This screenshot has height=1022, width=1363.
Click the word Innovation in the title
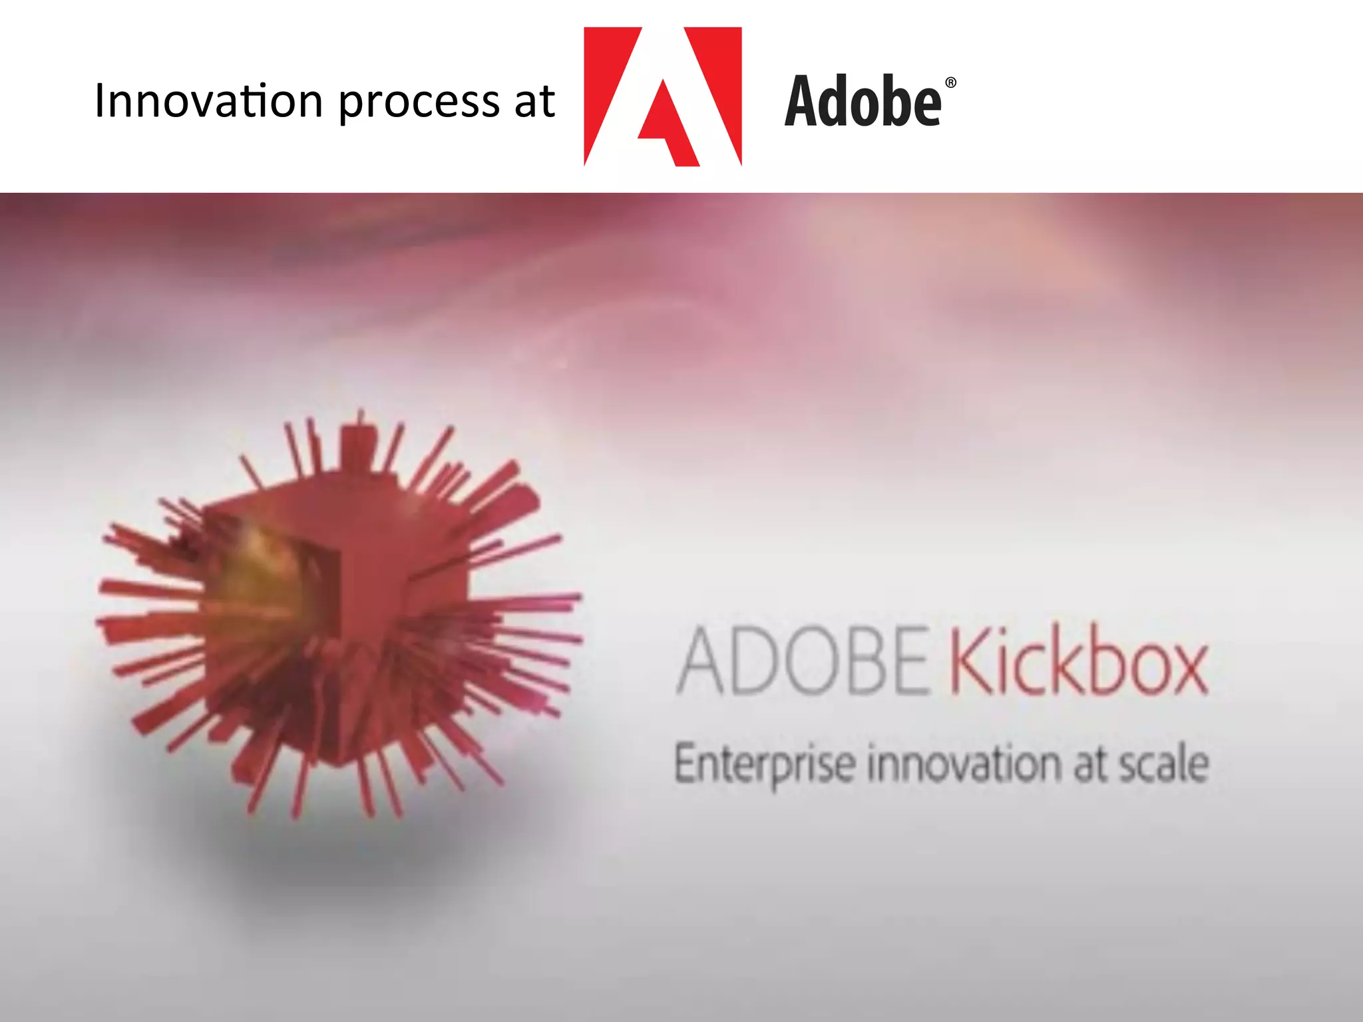[208, 101]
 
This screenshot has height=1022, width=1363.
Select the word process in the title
[419, 103]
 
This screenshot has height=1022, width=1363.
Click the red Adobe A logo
[662, 96]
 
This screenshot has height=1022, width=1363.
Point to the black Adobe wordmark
[863, 101]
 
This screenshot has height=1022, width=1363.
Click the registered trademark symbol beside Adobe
[950, 83]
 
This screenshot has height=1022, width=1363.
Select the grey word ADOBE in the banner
[802, 661]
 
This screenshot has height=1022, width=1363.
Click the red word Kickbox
[1078, 663]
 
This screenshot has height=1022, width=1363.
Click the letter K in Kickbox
[968, 663]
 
